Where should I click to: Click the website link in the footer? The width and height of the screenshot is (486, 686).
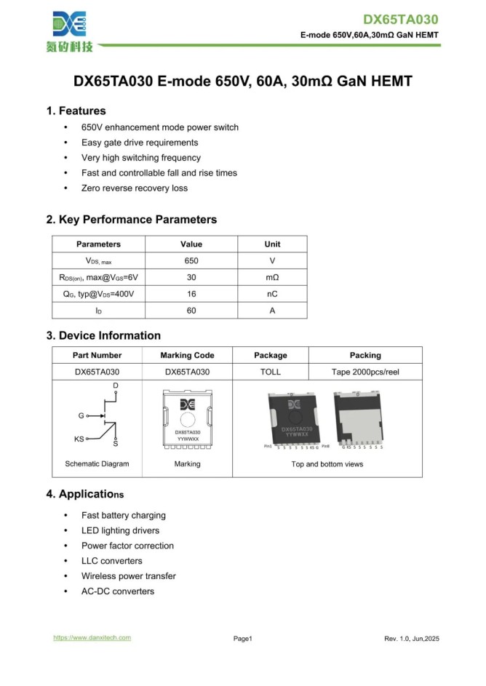pos(92,638)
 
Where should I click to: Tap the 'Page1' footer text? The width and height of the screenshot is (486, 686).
pos(242,639)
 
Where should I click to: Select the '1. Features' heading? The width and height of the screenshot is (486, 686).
pos(76,111)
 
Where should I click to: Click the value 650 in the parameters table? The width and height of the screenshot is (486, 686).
pos(191,260)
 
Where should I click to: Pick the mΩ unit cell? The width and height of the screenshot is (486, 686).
pos(272,277)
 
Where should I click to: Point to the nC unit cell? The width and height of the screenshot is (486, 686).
pos(272,294)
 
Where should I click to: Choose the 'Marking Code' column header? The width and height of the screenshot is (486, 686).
pos(187,356)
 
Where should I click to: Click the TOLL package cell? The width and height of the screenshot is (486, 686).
pos(270,372)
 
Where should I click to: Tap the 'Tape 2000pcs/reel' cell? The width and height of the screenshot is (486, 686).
pos(364,372)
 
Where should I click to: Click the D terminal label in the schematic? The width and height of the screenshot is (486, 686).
pos(116,385)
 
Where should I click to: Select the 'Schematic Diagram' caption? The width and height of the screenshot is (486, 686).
pos(97,463)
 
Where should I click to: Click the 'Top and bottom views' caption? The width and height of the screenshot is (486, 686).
pos(327,463)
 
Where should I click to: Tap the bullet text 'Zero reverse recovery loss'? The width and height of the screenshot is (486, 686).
pos(135,188)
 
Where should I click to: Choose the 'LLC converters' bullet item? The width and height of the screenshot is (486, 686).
pos(112,561)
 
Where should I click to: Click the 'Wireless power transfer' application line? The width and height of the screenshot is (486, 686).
pos(129,576)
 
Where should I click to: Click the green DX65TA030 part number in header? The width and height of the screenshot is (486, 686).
pos(401,20)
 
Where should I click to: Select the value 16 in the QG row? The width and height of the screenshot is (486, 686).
pos(191,294)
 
